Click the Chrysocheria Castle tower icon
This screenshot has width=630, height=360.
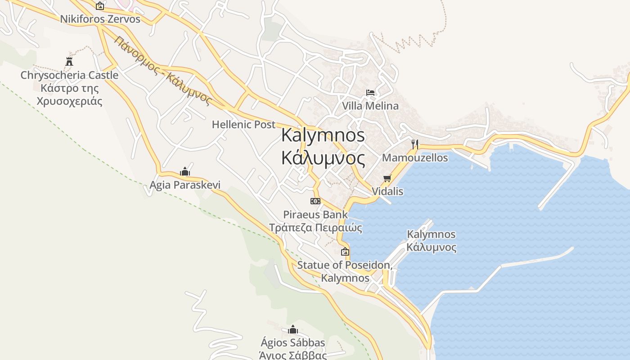(x=69, y=62)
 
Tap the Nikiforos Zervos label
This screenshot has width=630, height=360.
(x=100, y=19)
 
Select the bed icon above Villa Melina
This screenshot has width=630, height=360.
(x=370, y=93)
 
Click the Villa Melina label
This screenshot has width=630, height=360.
(x=370, y=106)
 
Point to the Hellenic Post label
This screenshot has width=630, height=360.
(x=243, y=125)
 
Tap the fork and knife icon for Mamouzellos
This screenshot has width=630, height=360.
(x=415, y=144)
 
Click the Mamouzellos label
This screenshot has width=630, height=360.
(x=415, y=158)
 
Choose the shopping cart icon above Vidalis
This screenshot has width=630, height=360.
(x=387, y=179)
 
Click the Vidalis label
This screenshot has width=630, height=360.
(x=387, y=192)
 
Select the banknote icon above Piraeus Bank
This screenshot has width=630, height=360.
(x=315, y=201)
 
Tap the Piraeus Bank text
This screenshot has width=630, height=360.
(x=315, y=215)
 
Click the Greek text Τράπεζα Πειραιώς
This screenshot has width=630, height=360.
(x=315, y=228)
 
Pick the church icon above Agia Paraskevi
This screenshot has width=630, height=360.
(x=185, y=171)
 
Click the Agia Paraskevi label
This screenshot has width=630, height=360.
(x=185, y=185)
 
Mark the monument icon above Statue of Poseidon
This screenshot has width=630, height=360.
(x=345, y=252)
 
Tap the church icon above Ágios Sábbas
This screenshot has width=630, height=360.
(x=293, y=330)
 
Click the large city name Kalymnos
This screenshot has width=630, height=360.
(x=323, y=135)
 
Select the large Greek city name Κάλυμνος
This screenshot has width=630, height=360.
(x=323, y=158)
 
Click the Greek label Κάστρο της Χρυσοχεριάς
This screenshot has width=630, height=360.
(x=70, y=94)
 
